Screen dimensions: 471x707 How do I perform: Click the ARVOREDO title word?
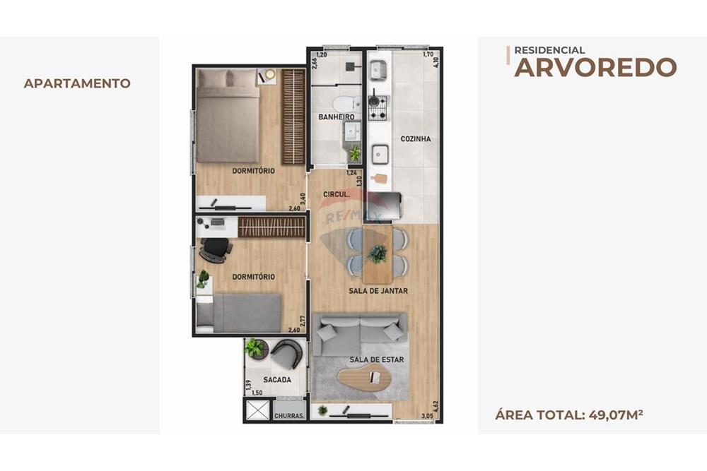[595, 67]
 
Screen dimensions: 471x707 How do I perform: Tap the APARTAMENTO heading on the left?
[77, 83]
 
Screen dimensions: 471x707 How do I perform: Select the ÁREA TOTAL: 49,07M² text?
[569, 414]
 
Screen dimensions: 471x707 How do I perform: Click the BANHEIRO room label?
[336, 117]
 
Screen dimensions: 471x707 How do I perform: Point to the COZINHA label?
[415, 139]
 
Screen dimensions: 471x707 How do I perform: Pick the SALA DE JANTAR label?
[378, 291]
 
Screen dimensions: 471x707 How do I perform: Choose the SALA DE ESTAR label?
[376, 359]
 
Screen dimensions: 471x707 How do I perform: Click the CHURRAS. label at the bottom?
[289, 416]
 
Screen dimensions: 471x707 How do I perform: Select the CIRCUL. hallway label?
[334, 194]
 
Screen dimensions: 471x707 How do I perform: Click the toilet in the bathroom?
[346, 104]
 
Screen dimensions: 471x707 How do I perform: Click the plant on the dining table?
[378, 254]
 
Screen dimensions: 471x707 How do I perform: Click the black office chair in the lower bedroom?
[216, 249]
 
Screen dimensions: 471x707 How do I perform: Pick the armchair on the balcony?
[286, 353]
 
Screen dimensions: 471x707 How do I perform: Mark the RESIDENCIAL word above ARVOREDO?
[549, 50]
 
